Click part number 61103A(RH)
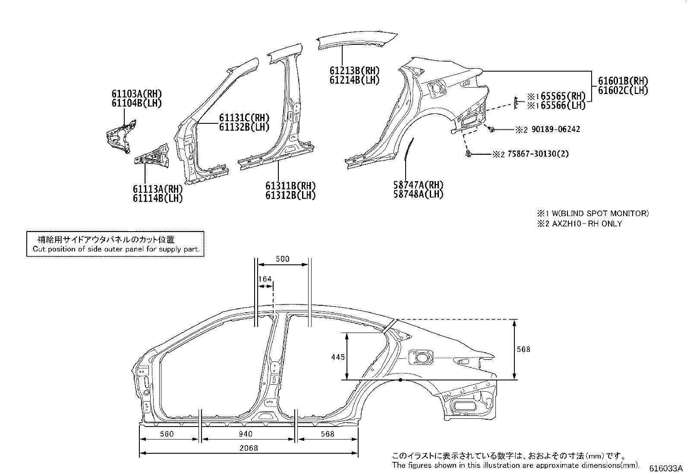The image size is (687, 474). coord(133,94)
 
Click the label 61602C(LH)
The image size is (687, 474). coord(623,90)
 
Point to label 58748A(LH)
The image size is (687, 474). coord(418,195)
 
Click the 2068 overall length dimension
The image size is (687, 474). coord(249,448)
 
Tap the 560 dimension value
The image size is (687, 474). coord(166,434)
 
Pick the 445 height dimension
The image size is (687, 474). coord(338,357)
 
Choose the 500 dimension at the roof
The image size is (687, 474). coord(282,259)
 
